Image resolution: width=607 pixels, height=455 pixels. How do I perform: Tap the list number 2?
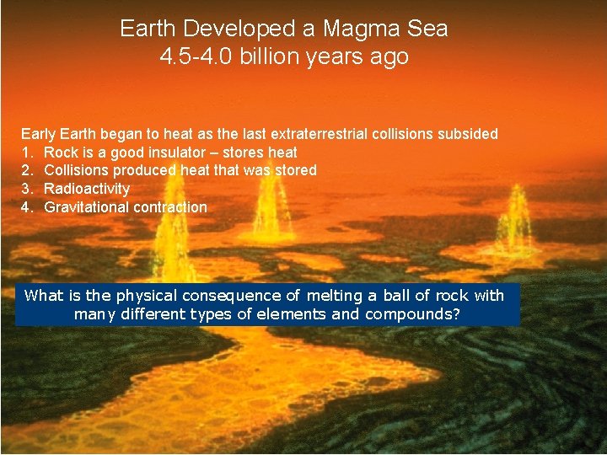pyautogui.click(x=26, y=170)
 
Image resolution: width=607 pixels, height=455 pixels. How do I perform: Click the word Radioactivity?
pyautogui.click(x=87, y=189)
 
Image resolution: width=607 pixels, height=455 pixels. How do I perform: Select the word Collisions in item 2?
pyautogui.click(x=76, y=170)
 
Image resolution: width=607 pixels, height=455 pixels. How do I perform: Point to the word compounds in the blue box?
pyautogui.click(x=409, y=314)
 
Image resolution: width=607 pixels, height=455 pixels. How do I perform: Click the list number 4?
pyautogui.click(x=26, y=207)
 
